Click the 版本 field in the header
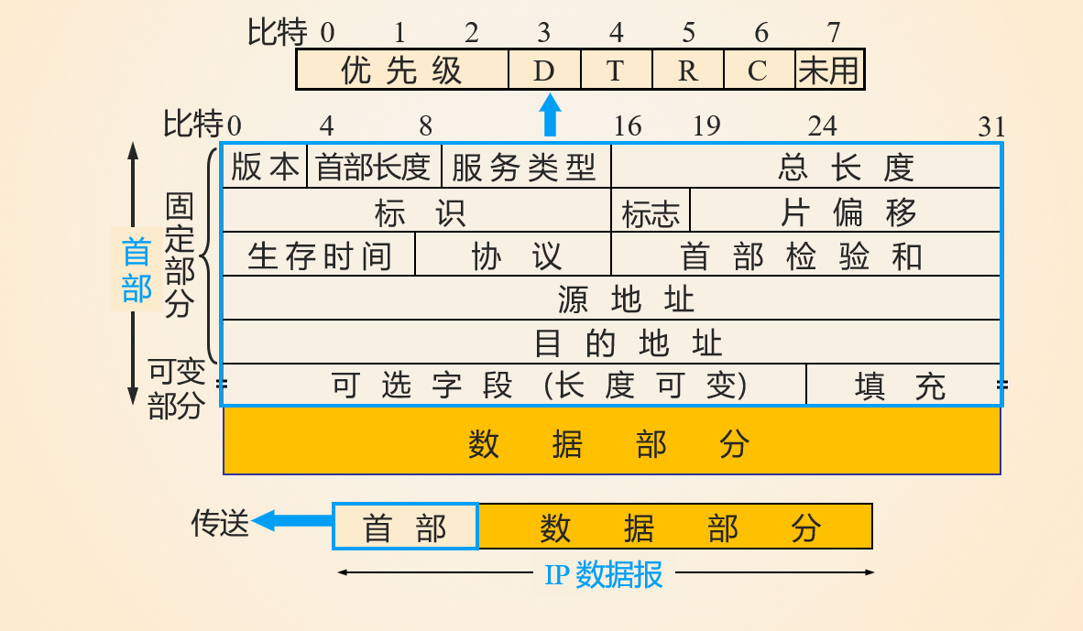[264, 167]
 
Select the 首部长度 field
[373, 167]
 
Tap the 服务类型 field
[524, 167]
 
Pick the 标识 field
[418, 212]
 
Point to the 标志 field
[651, 213]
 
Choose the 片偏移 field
[847, 212]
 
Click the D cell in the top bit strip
[544, 71]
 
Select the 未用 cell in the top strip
[829, 71]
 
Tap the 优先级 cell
[401, 71]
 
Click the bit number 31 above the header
[991, 126]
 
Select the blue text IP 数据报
[604, 575]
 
